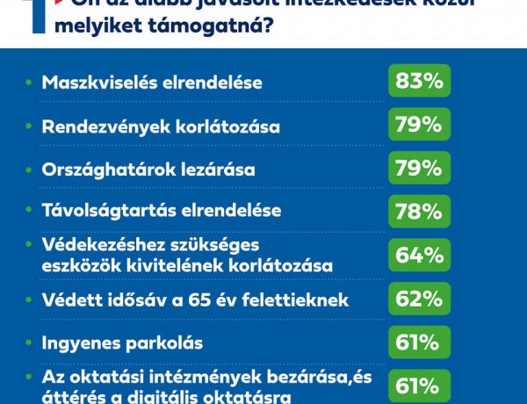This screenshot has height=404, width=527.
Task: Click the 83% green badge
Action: pyautogui.click(x=418, y=83)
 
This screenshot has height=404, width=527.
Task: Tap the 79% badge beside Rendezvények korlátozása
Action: pyautogui.click(x=418, y=126)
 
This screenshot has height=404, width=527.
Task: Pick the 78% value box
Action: pyautogui.click(x=418, y=212)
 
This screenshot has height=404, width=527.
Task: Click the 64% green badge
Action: pyautogui.click(x=418, y=255)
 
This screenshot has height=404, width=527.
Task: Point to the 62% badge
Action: pyautogui.click(x=418, y=299)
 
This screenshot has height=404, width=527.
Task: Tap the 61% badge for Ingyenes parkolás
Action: pyautogui.click(x=418, y=343)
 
